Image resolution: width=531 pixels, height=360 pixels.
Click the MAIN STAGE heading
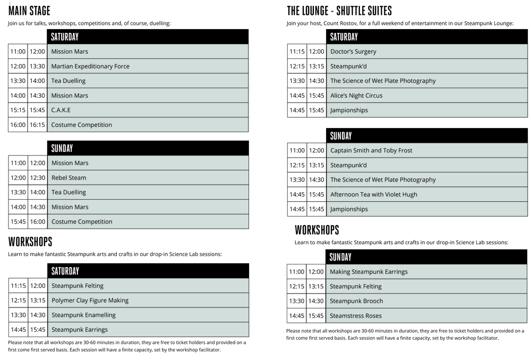(29, 11)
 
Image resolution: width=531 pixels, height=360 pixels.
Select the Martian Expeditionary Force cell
(90, 66)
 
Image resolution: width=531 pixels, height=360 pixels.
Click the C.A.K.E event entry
(61, 110)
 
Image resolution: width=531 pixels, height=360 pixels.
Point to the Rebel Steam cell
(68, 178)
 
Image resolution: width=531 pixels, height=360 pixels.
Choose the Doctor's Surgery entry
(353, 52)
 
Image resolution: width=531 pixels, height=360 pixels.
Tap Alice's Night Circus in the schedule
(356, 96)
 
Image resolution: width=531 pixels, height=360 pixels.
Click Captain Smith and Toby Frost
(371, 150)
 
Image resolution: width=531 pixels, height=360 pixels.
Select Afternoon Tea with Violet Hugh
(374, 194)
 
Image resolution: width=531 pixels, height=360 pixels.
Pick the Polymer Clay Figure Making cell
(90, 301)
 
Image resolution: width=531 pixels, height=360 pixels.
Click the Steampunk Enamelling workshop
(83, 315)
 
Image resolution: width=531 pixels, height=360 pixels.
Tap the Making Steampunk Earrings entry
(369, 272)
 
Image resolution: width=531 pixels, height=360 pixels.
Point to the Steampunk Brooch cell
(356, 301)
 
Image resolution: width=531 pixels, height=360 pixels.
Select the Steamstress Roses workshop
(356, 316)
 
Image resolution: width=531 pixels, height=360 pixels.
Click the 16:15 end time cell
(37, 125)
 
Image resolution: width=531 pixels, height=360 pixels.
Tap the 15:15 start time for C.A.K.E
(18, 110)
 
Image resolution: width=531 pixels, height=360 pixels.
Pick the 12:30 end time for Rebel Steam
(37, 178)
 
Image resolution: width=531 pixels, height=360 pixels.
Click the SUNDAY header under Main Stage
(62, 148)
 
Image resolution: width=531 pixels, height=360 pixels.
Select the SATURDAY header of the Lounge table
(344, 37)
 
